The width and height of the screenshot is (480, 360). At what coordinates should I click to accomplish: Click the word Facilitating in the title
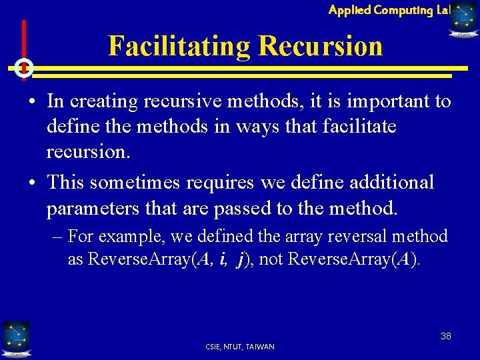[179, 47]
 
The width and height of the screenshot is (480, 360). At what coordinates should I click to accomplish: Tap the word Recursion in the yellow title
[321, 47]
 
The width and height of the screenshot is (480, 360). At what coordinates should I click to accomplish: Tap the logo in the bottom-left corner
[15, 339]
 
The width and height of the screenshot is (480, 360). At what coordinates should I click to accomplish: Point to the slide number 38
[445, 336]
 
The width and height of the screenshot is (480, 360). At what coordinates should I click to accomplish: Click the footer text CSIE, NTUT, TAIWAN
[241, 347]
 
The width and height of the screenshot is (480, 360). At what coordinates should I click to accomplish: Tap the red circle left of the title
[23, 67]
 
